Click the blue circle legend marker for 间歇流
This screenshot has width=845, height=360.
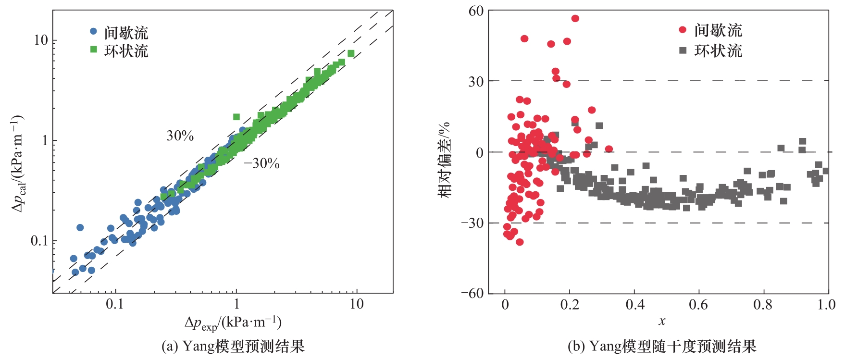pyautogui.click(x=93, y=31)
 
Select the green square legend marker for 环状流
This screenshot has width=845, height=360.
pyautogui.click(x=93, y=50)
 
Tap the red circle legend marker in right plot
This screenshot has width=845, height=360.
pyautogui.click(x=683, y=30)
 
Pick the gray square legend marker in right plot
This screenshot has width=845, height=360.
pyautogui.click(x=683, y=50)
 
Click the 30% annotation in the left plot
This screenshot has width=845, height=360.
pyautogui.click(x=180, y=136)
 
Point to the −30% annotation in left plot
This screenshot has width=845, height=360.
pyautogui.click(x=261, y=164)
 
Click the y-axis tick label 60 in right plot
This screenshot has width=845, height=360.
pyautogui.click(x=476, y=11)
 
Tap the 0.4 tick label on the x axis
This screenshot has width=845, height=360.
pyautogui.click(x=635, y=305)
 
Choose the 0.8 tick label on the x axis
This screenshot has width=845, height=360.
pyautogui.click(x=763, y=305)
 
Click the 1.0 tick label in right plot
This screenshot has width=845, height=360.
pyautogui.click(x=826, y=305)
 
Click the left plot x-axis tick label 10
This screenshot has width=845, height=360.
pyautogui.click(x=356, y=304)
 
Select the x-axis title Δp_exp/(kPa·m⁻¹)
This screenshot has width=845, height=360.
pyautogui.click(x=233, y=323)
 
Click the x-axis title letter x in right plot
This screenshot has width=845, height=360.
pyautogui.click(x=662, y=321)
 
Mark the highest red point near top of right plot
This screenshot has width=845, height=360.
pyautogui.click(x=575, y=18)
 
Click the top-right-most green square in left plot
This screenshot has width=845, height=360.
pyautogui.click(x=351, y=53)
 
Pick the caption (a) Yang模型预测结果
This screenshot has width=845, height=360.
pyautogui.click(x=233, y=347)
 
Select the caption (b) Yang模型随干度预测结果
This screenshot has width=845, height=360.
pyautogui.click(x=661, y=347)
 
